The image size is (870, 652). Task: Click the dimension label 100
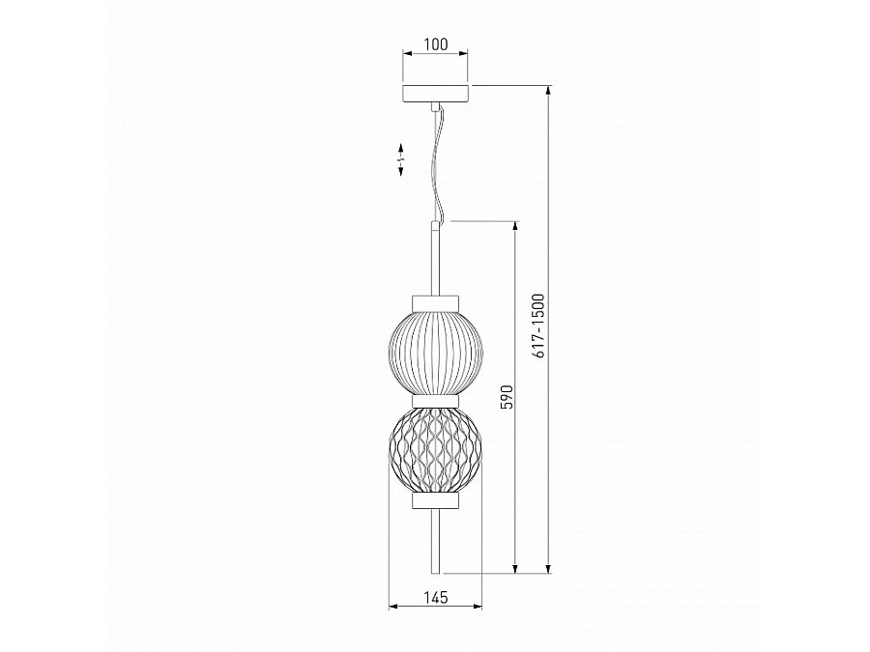tap(436, 44)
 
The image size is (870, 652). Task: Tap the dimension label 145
tap(436, 597)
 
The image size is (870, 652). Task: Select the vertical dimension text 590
tap(507, 397)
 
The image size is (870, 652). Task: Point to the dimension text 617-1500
tap(538, 326)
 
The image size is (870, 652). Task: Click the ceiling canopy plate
tap(436, 95)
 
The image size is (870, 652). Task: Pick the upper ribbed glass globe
tap(436, 354)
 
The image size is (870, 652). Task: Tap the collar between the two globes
tap(436, 402)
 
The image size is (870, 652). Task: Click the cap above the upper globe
tap(436, 304)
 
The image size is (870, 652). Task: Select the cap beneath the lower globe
tap(436, 500)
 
